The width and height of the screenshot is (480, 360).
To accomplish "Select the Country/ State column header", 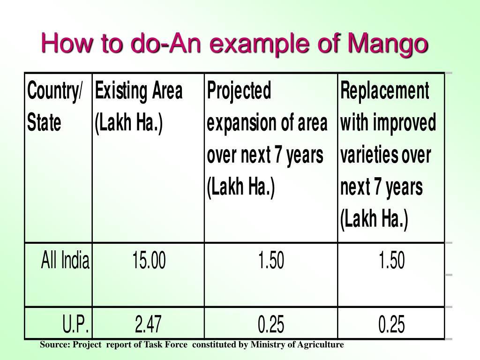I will pyautogui.click(x=54, y=106).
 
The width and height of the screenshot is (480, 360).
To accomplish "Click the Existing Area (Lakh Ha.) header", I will pyautogui.click(x=138, y=106).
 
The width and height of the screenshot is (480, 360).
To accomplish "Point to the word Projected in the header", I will pyautogui.click(x=239, y=90).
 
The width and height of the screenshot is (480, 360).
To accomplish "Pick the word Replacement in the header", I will pyautogui.click(x=384, y=90).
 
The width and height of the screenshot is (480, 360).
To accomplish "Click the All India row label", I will pyautogui.click(x=65, y=261).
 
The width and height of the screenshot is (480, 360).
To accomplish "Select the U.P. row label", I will pyautogui.click(x=76, y=324).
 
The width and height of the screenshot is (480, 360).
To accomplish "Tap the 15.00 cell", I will pyautogui.click(x=149, y=261).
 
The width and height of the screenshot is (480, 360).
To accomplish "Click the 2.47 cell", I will pyautogui.click(x=149, y=324).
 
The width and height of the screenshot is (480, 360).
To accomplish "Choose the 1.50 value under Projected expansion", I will pyautogui.click(x=271, y=261).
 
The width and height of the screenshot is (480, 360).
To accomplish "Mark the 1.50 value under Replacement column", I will pyautogui.click(x=391, y=261).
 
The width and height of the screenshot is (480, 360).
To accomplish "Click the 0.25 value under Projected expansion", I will pyautogui.click(x=271, y=324).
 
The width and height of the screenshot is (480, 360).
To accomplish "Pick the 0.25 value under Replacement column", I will pyautogui.click(x=391, y=324).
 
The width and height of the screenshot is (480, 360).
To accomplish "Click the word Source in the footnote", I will pyautogui.click(x=54, y=345).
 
